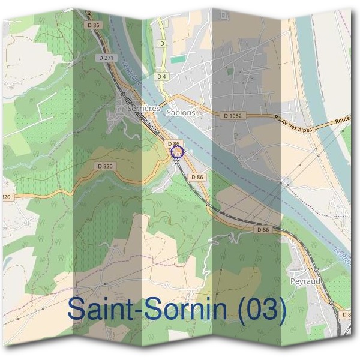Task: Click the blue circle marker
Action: (x=176, y=152)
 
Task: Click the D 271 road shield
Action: (x=104, y=58)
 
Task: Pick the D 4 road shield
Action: (x=161, y=77)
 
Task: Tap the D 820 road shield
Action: (x=104, y=166)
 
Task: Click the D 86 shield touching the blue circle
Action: (x=173, y=144)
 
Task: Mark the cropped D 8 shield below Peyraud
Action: (x=346, y=314)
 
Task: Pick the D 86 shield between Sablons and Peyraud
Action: (x=262, y=230)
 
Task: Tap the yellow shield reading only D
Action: (x=161, y=44)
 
